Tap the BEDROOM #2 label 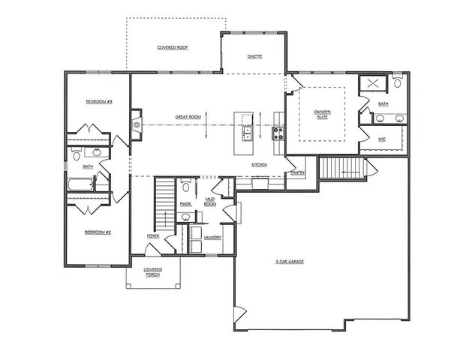(x=98, y=232)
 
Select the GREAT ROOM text (x=188, y=117)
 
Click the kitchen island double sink (x=246, y=133)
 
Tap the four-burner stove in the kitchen (x=278, y=133)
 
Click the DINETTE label (x=254, y=56)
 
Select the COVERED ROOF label (x=172, y=46)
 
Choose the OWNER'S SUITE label (x=323, y=115)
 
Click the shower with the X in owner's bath (x=369, y=84)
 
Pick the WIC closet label (x=381, y=139)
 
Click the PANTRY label (x=297, y=172)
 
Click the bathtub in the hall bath (x=80, y=185)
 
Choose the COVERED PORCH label (x=153, y=272)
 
